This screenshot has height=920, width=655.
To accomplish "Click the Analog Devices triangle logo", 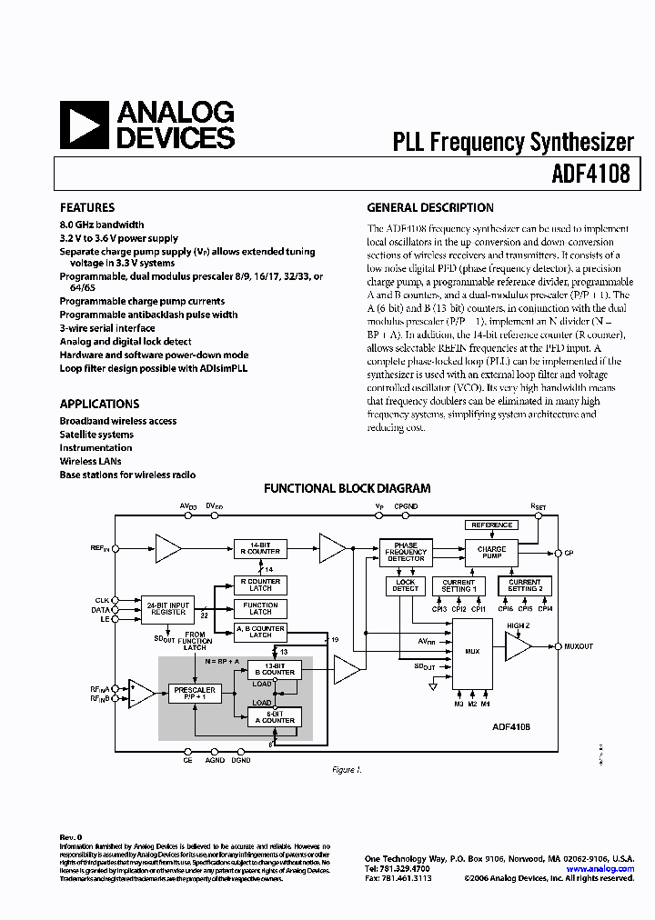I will (84, 125).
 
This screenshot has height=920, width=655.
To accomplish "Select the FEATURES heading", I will (87, 207).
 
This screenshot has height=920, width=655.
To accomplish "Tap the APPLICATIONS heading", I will (99, 404).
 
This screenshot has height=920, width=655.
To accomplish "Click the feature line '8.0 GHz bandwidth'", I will (102, 225).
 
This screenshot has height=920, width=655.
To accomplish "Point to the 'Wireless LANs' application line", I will (91, 461).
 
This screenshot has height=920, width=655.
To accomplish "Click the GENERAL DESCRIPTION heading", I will (430, 207).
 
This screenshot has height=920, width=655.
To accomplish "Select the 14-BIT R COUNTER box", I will (260, 548).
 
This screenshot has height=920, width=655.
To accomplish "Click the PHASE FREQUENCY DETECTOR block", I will (406, 552).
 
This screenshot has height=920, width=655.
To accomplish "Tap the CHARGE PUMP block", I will (491, 552).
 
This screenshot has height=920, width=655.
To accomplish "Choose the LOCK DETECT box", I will (406, 585).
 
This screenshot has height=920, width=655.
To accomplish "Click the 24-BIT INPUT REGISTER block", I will (168, 608).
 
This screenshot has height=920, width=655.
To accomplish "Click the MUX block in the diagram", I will (471, 650).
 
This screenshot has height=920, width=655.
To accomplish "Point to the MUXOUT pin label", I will (578, 646).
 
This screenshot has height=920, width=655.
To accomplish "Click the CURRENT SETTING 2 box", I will (524, 585).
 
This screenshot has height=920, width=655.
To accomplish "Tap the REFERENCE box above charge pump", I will (491, 525).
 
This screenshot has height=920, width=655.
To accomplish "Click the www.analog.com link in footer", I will (600, 869).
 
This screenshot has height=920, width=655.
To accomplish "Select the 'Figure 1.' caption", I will (347, 770).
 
